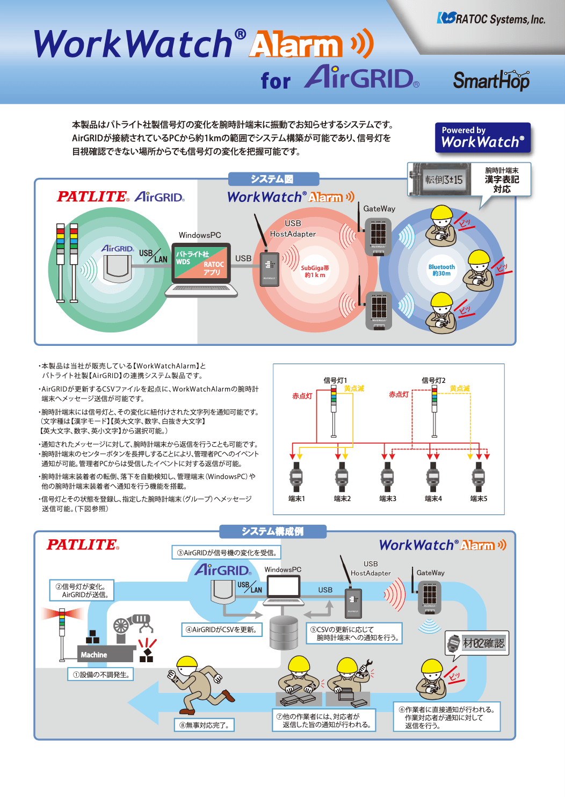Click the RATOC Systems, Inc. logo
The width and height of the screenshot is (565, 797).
coord(491,19)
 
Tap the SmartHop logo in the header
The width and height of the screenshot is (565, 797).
coord(491,81)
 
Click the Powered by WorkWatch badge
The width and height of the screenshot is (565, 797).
coord(482,137)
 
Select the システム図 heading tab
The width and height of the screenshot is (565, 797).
coord(273,179)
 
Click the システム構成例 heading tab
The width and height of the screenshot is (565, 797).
coord(273,531)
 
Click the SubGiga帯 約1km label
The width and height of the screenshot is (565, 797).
coord(315,271)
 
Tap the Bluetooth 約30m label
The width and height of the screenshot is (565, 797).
coord(441,270)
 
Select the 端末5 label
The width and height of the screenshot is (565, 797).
coord(479,498)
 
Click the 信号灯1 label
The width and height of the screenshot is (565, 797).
coord(335,380)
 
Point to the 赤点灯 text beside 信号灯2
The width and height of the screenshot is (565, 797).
coord(399,394)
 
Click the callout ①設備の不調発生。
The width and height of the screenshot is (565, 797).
coord(100,674)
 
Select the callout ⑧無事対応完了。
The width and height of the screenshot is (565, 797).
coord(204,725)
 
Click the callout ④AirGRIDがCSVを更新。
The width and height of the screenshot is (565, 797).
coord(221,629)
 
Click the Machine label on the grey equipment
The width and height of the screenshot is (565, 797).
coord(94,655)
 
